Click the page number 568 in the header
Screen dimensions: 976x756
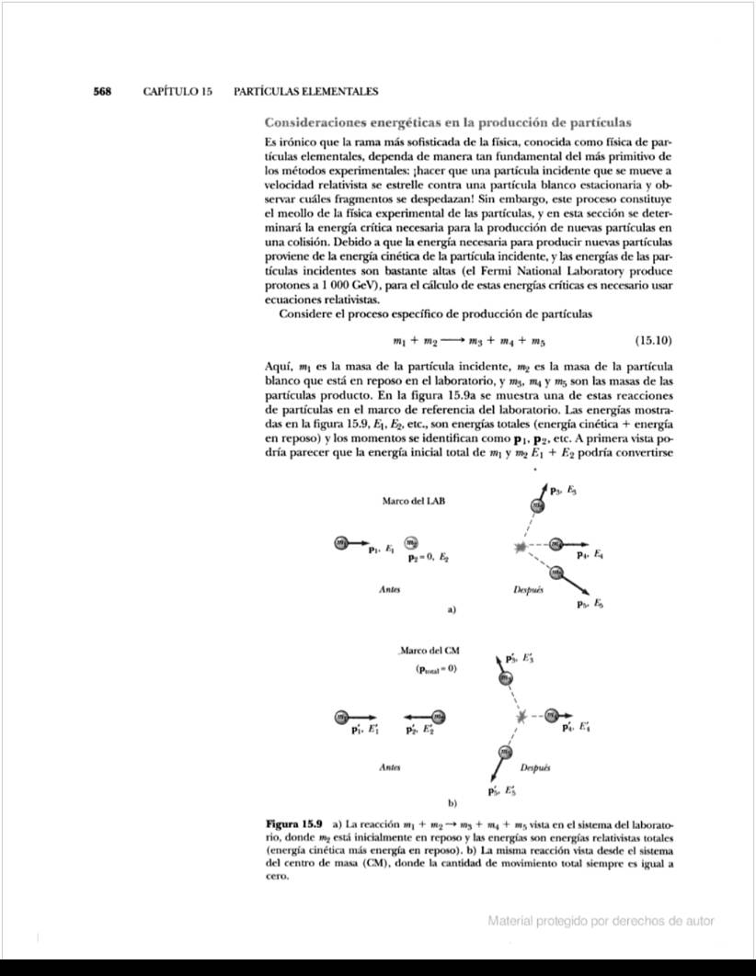(x=102, y=92)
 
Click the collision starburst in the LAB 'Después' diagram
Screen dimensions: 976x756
(x=524, y=548)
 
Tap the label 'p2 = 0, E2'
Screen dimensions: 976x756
(x=430, y=558)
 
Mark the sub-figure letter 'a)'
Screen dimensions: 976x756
(x=452, y=608)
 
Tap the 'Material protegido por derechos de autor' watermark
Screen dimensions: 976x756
(x=601, y=921)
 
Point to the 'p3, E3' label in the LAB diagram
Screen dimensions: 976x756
(x=563, y=492)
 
